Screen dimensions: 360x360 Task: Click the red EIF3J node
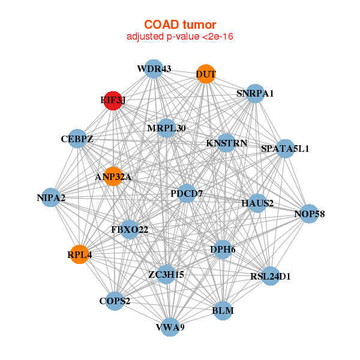[x=112, y=100]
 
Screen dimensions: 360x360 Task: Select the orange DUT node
[x=206, y=74]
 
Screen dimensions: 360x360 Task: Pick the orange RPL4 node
[x=80, y=254]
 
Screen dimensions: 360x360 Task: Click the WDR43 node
[x=154, y=68]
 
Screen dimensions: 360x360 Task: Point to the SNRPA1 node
[x=255, y=94]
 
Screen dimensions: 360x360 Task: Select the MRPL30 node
[x=167, y=128]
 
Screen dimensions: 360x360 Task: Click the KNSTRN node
[x=225, y=143]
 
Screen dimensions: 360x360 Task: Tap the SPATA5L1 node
[x=285, y=148]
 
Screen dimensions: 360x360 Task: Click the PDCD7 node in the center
[x=187, y=193]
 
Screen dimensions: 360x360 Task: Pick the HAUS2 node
[x=257, y=203]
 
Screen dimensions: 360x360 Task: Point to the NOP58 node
[x=309, y=214]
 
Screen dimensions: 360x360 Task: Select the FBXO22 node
[x=130, y=229]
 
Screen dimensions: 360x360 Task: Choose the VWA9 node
[x=170, y=327]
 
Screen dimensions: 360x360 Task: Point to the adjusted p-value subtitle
[x=179, y=37]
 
